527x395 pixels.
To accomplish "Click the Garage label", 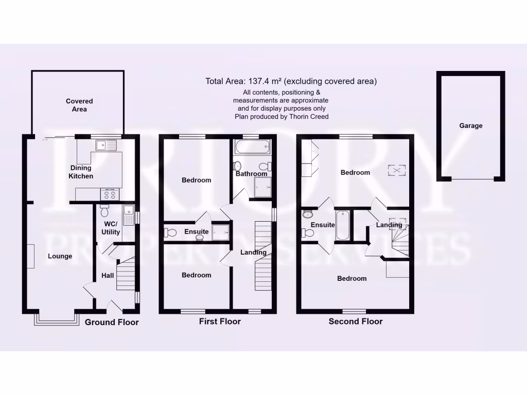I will tap(471, 125).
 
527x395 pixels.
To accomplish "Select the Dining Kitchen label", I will tap(81, 172).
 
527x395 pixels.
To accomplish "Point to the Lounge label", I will tap(60, 256).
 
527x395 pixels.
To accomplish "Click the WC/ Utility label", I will tap(111, 228).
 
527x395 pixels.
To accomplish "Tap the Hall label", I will tap(108, 276).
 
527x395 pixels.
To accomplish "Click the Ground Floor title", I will tap(112, 322).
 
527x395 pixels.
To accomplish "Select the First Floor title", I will tap(220, 321).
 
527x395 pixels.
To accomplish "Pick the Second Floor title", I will tap(356, 321).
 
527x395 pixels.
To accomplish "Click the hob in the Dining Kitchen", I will tap(110, 194).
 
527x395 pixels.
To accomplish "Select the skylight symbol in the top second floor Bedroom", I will tap(396, 170).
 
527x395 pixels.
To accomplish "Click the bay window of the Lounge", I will tap(57, 319).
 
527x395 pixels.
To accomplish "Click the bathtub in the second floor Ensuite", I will tap(342, 225).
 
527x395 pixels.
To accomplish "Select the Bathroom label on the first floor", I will tap(251, 174).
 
